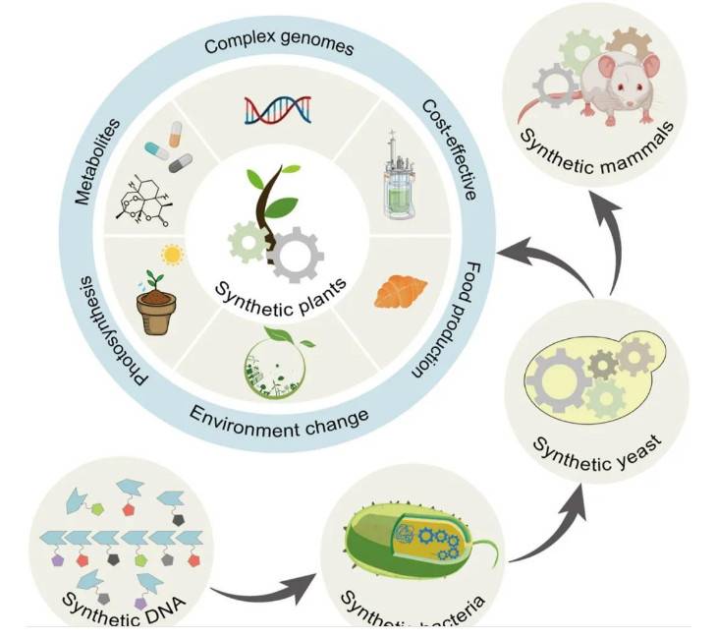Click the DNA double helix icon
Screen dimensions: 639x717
click(278, 107)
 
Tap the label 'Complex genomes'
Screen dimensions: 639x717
click(279, 45)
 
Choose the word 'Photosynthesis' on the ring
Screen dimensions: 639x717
click(113, 334)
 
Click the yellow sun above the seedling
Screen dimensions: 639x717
click(174, 256)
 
